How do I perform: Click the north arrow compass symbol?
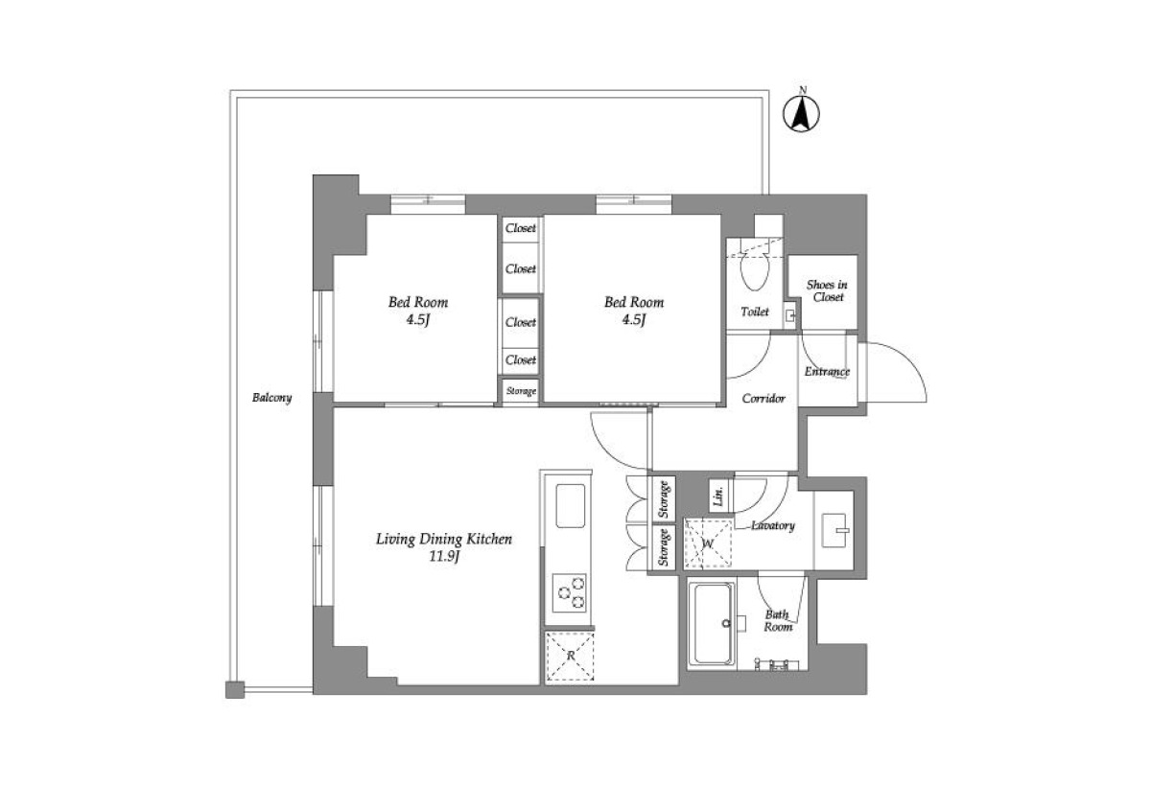tap(801, 113)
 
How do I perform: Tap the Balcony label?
tap(271, 398)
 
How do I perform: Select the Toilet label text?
tap(755, 312)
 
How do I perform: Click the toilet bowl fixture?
tap(754, 271)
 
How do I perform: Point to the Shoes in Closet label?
tap(827, 290)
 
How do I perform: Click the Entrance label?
tap(827, 371)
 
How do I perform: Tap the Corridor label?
tap(763, 399)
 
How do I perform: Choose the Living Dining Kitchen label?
tap(444, 539)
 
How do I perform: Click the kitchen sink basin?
tap(571, 506)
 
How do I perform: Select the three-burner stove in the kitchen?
tap(570, 593)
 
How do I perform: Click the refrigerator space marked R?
tap(570, 657)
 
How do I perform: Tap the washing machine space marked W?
tap(708, 543)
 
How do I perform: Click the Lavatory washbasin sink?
tap(834, 530)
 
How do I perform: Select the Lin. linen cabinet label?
tap(719, 496)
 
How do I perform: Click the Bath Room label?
tap(778, 621)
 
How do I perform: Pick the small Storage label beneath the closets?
tap(521, 391)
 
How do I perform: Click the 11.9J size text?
tap(444, 557)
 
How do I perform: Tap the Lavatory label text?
tap(773, 525)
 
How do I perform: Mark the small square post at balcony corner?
tap(235, 689)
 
